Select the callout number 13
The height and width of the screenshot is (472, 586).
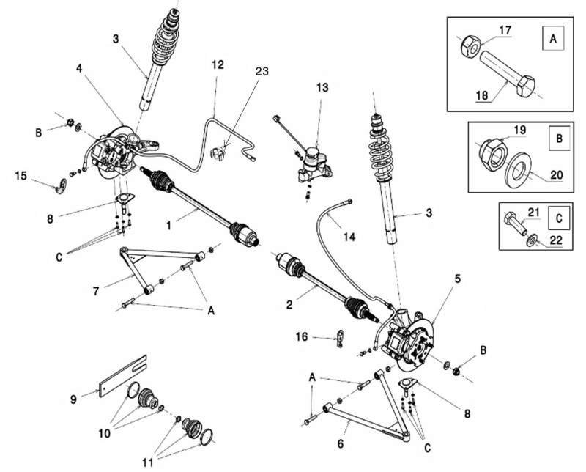323,86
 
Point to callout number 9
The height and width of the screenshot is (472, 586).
73,399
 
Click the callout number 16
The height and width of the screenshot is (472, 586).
302,336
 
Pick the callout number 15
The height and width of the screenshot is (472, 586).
20,175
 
